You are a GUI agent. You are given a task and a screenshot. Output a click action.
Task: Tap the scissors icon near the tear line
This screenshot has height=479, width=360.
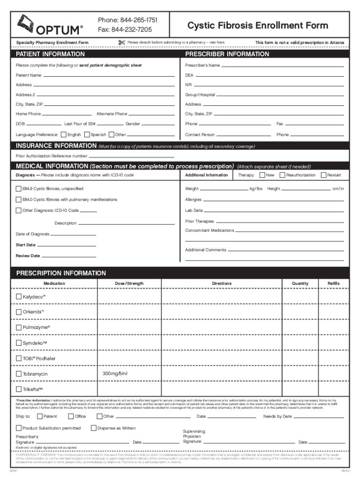[122, 43]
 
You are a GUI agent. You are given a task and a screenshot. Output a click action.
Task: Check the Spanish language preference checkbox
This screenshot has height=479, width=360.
[87, 135]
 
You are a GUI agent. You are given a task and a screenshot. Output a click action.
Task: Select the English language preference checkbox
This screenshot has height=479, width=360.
[64, 135]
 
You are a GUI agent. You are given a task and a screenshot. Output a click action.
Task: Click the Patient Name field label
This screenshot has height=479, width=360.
[29, 75]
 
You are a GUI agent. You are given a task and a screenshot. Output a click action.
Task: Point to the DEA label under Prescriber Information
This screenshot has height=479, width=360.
[189, 75]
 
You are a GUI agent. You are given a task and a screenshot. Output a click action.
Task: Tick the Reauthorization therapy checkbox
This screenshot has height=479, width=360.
[282, 175]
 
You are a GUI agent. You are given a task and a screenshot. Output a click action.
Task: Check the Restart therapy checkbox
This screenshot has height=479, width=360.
[323, 175]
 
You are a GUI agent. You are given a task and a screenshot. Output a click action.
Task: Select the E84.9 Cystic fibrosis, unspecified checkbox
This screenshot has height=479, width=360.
[19, 189]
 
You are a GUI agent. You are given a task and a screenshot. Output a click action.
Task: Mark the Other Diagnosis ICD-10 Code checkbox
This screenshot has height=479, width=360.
[19, 210]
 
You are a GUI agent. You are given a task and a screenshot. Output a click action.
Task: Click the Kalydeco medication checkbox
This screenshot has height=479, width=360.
[19, 297]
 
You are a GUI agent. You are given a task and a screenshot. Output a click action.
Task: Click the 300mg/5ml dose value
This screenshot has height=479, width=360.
[115, 373]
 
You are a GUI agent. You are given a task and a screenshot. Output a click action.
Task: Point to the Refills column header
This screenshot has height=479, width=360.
[327, 283]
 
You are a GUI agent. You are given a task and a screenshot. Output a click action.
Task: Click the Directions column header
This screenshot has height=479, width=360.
[221, 283]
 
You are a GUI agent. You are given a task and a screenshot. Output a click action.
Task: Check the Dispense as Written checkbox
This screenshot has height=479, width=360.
[94, 428]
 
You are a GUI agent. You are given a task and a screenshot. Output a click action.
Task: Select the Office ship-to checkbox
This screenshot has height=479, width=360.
[71, 416]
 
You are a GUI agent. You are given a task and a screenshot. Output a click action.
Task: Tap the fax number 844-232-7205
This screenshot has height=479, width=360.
[125, 29]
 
